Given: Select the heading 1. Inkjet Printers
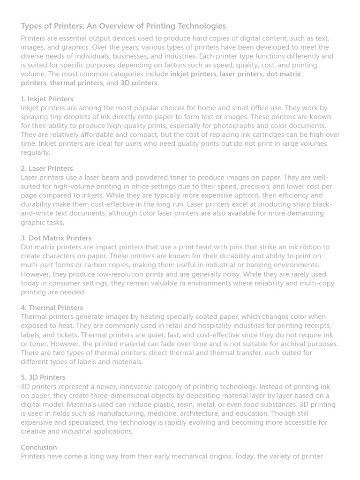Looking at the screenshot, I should [47, 99].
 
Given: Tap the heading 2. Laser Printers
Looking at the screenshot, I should [47, 168].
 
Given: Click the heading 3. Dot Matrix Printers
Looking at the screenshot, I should [56, 238].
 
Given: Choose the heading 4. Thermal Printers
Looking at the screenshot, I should [52, 307].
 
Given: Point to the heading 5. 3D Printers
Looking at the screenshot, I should [43, 377].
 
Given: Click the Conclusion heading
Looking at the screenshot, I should [39, 447].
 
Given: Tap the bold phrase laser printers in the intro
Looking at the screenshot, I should [241, 74].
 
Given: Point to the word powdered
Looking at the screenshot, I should [136, 178].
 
